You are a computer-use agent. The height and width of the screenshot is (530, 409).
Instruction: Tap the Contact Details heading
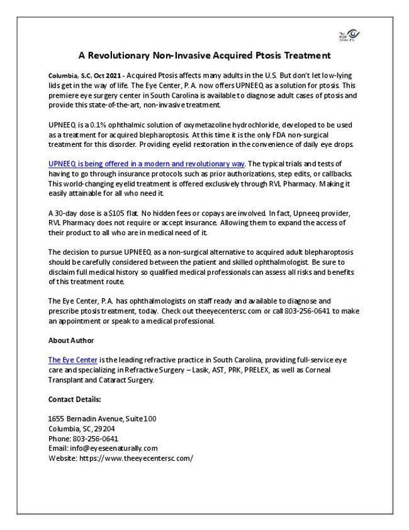(x=74, y=399)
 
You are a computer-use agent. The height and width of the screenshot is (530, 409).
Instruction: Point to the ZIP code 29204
(x=101, y=429)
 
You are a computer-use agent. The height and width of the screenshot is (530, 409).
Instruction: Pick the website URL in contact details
(x=135, y=458)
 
